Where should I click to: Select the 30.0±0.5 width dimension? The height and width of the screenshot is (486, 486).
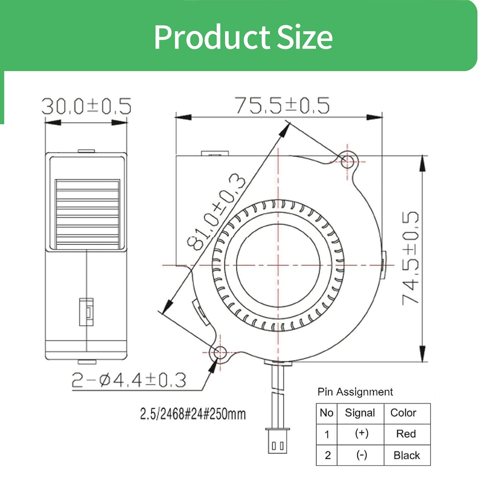point(86,106)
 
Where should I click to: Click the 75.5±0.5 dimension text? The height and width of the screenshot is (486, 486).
point(282,105)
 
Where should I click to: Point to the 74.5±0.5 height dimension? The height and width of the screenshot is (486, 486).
point(410,258)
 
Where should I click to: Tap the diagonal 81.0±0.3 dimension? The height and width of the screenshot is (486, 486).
point(216,212)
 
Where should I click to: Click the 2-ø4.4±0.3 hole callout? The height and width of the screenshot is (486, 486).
point(129,380)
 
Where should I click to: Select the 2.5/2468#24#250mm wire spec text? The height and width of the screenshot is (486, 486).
point(193,414)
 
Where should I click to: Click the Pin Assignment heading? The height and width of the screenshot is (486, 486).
point(355,392)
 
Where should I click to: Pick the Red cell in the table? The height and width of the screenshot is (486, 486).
point(406,434)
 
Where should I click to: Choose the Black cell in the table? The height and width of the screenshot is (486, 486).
point(407,455)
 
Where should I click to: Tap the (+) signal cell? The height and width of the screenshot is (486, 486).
point(361,434)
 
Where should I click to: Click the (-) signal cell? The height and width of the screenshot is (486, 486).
point(361,455)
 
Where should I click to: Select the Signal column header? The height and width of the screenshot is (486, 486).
point(360,413)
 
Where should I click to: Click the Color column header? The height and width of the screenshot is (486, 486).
point(403,413)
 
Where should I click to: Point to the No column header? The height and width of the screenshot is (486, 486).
point(326,413)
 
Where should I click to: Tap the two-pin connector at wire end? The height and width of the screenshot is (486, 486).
point(278,442)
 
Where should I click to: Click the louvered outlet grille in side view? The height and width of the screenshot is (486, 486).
point(87,214)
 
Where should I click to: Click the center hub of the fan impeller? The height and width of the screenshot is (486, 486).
point(278,265)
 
